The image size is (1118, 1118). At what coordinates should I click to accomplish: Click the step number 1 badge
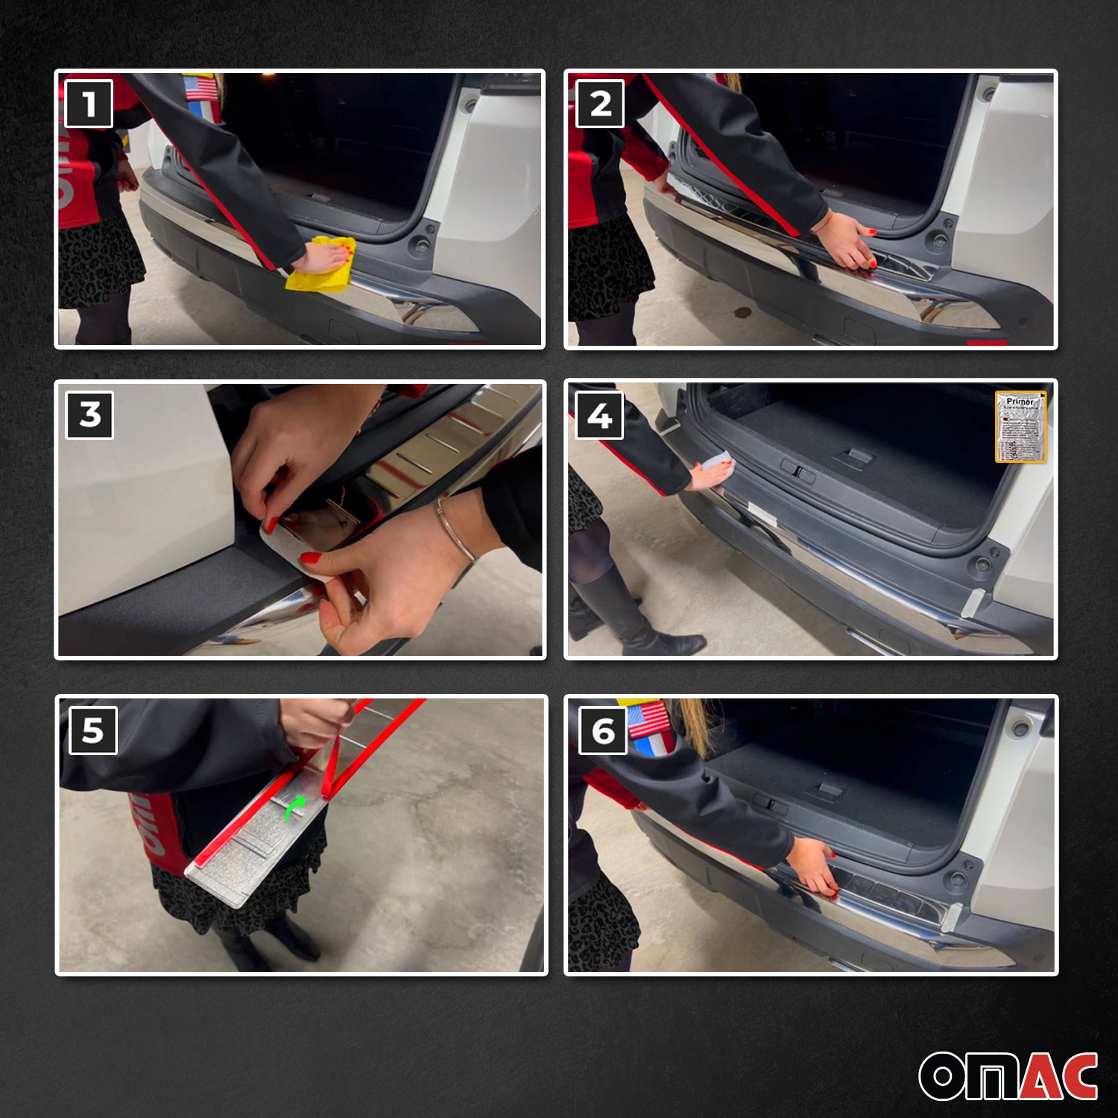pyautogui.click(x=89, y=104)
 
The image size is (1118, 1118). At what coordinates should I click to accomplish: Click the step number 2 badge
pyautogui.click(x=600, y=104)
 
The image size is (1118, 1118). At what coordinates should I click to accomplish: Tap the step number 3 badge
pyautogui.click(x=90, y=415)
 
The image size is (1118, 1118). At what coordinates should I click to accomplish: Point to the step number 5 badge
pyautogui.click(x=92, y=730)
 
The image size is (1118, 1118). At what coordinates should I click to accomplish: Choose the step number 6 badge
pyautogui.click(x=603, y=731)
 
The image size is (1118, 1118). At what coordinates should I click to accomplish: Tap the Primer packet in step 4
pyautogui.click(x=1020, y=426)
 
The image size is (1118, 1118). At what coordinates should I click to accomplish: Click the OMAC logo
pyautogui.click(x=1008, y=1076)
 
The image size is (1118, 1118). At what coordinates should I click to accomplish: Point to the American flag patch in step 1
pyautogui.click(x=200, y=88)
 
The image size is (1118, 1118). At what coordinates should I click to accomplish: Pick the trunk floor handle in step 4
pyautogui.click(x=858, y=456)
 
